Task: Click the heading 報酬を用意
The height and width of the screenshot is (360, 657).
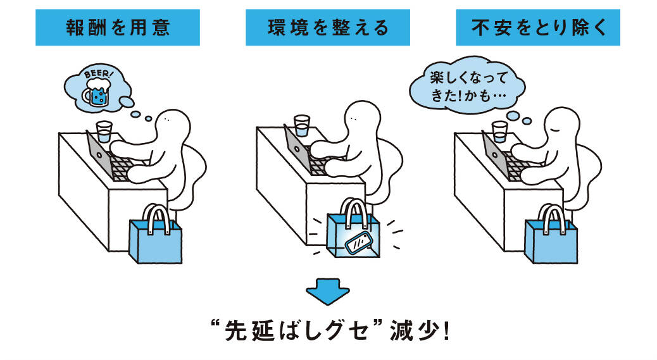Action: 117,28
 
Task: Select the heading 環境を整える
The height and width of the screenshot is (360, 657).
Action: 328,28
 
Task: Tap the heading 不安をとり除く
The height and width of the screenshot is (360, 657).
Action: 537,28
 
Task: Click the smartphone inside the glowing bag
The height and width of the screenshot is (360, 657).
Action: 358,242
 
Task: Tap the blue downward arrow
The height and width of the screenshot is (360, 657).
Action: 328,292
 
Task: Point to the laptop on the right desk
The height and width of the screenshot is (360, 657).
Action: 497,156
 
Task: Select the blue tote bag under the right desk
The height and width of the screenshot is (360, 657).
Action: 550,239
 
